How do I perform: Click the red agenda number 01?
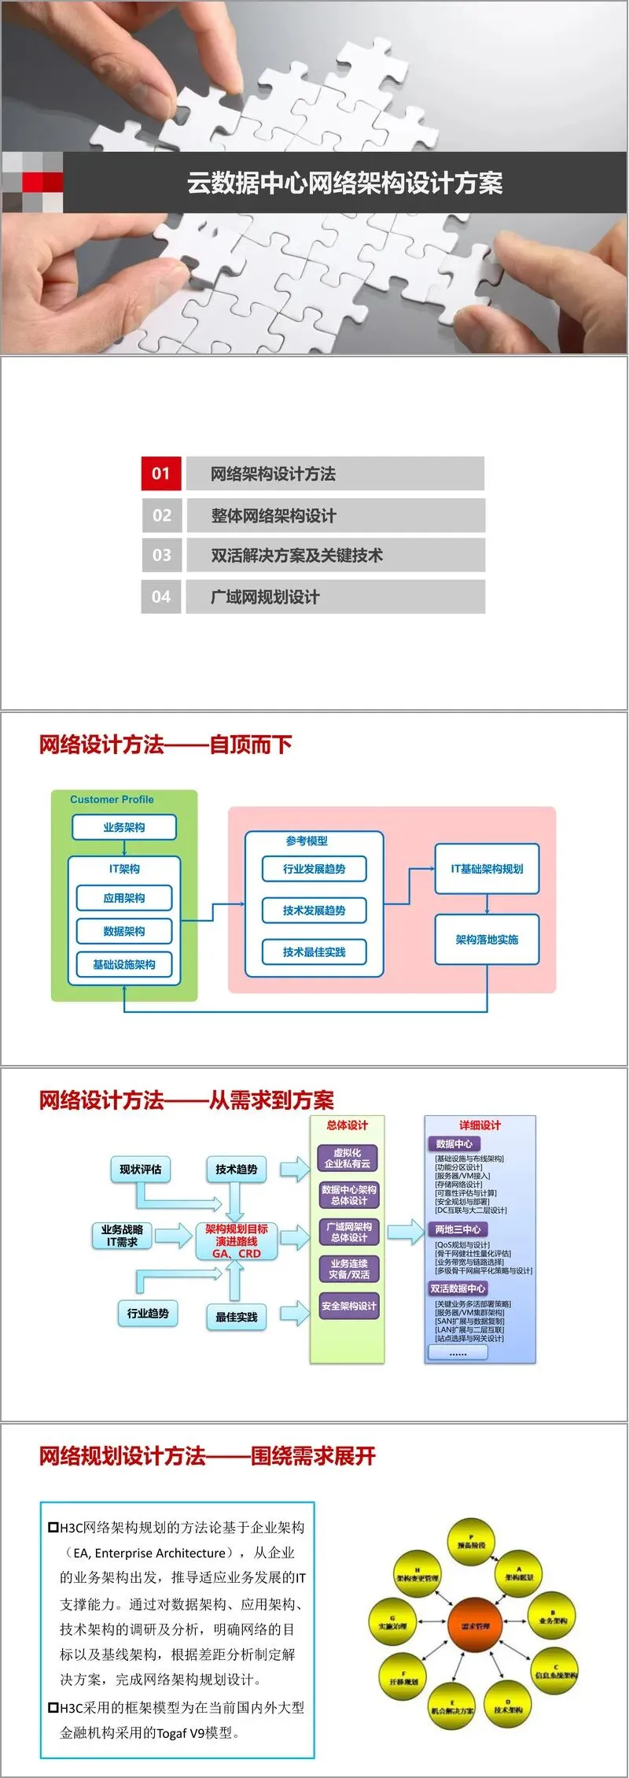pos(161,473)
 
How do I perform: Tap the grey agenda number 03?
pos(161,555)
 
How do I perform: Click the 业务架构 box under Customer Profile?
pos(124,827)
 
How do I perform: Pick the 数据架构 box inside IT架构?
pos(124,931)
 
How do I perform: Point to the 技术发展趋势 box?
pos(314,911)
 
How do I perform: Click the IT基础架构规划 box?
pos(487,869)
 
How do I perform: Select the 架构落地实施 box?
pos(487,940)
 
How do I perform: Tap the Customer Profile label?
pos(112,800)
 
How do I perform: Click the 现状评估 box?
pos(140,1170)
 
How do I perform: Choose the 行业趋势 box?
pos(148,1313)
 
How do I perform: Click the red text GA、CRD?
pos(236,1253)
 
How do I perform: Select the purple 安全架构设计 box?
pos(348,1307)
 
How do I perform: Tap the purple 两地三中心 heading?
pos(458,1229)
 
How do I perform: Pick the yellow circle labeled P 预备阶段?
pos(471,1543)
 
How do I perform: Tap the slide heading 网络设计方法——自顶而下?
pos(165,745)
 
